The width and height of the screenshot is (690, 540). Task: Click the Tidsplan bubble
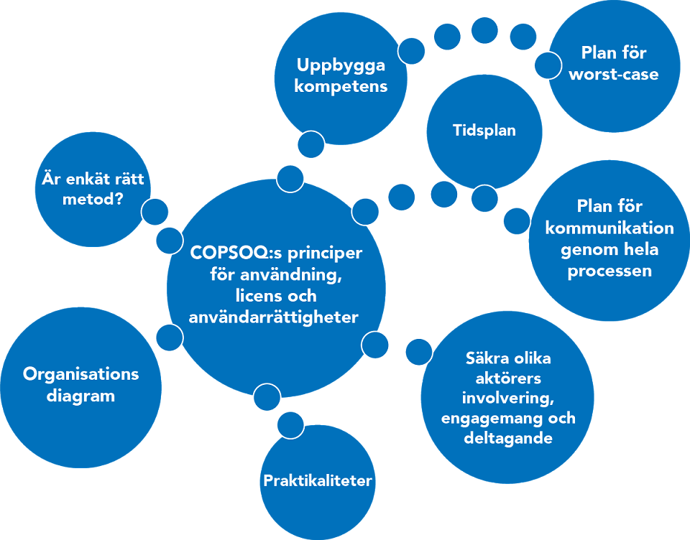(x=484, y=131)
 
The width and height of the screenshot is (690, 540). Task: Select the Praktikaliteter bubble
(x=317, y=480)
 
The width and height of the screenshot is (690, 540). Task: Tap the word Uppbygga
(x=341, y=65)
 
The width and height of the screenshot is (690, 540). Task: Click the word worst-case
(x=613, y=74)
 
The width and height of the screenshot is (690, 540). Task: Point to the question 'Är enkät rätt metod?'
(x=88, y=188)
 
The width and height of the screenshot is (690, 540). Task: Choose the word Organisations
(x=80, y=374)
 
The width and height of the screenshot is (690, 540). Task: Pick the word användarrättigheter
(x=273, y=317)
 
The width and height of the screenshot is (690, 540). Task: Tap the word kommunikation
(x=609, y=228)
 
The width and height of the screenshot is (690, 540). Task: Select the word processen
(x=609, y=271)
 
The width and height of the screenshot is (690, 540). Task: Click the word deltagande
(x=507, y=437)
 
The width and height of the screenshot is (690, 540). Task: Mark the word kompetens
(x=341, y=86)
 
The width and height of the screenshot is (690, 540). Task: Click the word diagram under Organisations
(x=80, y=396)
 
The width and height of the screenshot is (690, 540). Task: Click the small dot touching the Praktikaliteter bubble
(x=290, y=425)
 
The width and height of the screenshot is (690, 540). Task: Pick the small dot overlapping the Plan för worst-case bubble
(x=548, y=65)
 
